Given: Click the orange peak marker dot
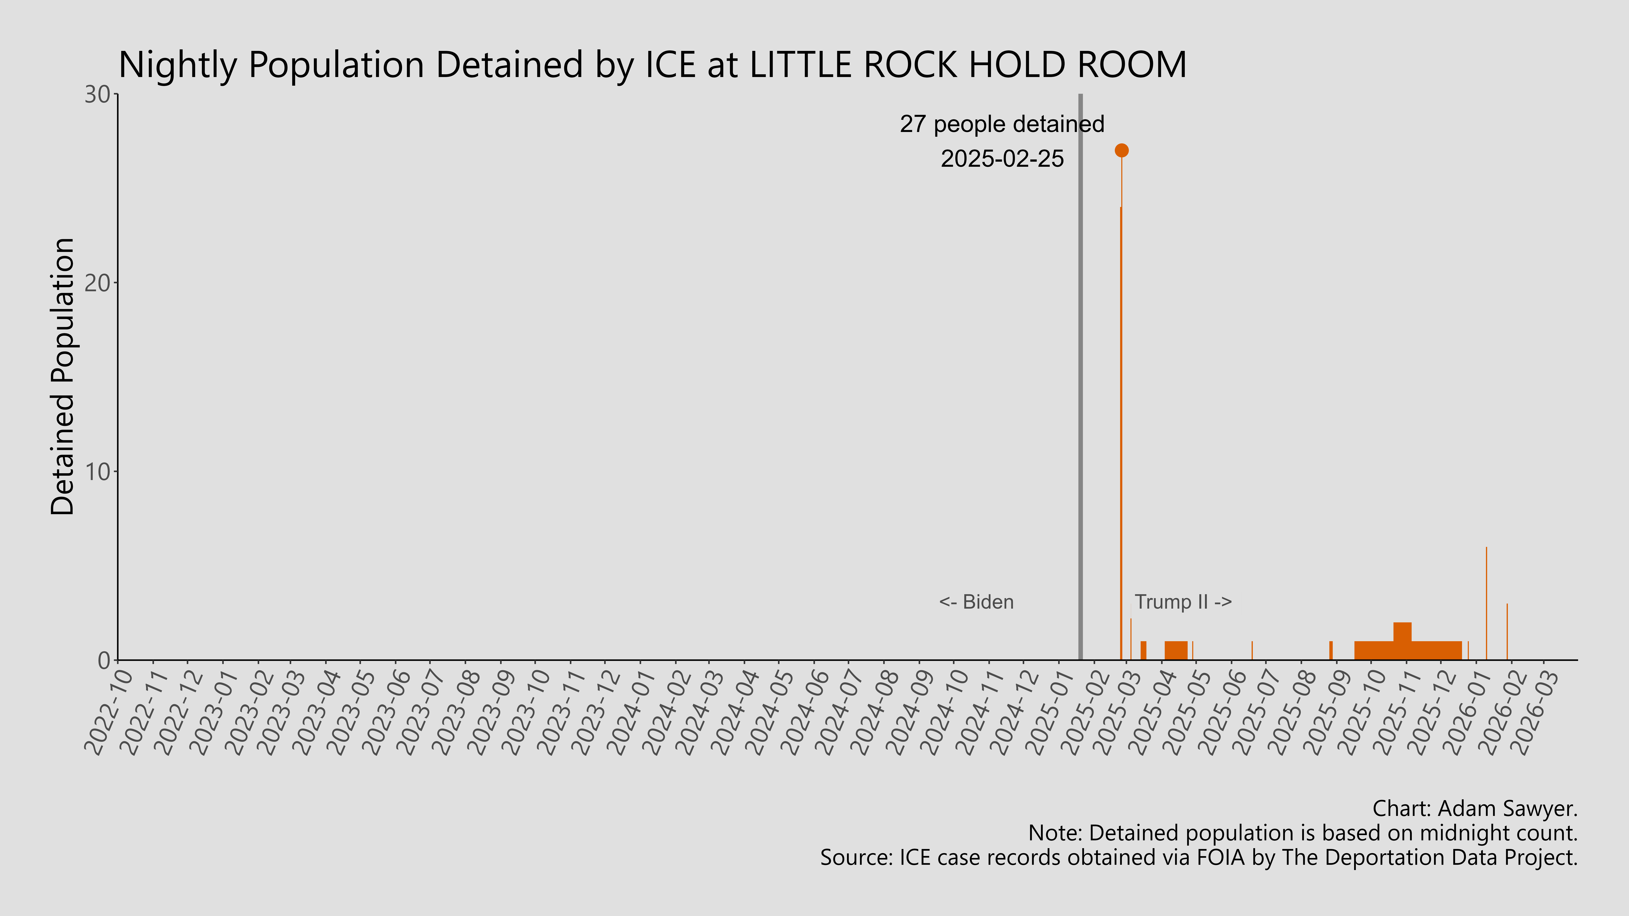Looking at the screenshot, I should tap(1121, 150).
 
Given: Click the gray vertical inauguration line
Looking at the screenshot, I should tap(1080, 379).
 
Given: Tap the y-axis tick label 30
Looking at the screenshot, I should tap(98, 95).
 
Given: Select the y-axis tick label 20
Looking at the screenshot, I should tap(98, 283).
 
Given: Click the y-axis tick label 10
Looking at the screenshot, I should tap(98, 471).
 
